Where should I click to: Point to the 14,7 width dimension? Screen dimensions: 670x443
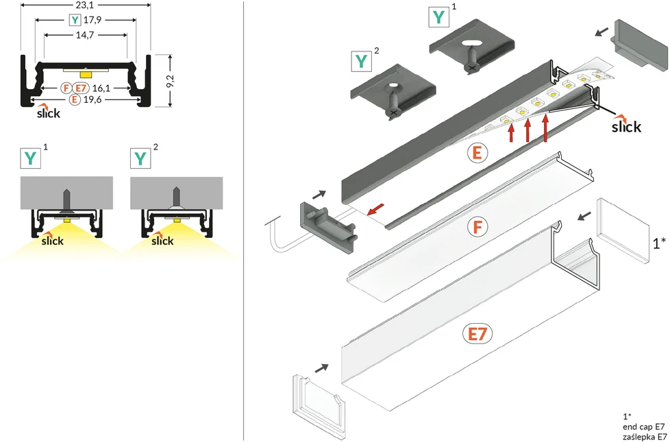pyautogui.click(x=85, y=35)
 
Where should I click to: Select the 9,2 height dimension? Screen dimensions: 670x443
pyautogui.click(x=170, y=80)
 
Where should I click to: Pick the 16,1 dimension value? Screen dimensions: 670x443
pyautogui.click(x=101, y=88)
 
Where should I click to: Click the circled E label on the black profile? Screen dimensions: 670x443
pyautogui.click(x=477, y=153)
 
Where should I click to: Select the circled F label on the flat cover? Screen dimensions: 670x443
pyautogui.click(x=477, y=227)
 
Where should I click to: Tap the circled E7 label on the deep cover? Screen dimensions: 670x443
pyautogui.click(x=477, y=334)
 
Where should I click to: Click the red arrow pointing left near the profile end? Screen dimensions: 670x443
pyautogui.click(x=375, y=208)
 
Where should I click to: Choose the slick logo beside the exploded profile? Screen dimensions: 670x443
pyautogui.click(x=626, y=124)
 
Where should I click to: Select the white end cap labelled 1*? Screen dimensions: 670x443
pyautogui.click(x=623, y=230)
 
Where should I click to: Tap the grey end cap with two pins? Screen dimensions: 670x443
pyautogui.click(x=327, y=228)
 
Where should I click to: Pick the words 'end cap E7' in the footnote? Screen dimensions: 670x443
pyautogui.click(x=644, y=427)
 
